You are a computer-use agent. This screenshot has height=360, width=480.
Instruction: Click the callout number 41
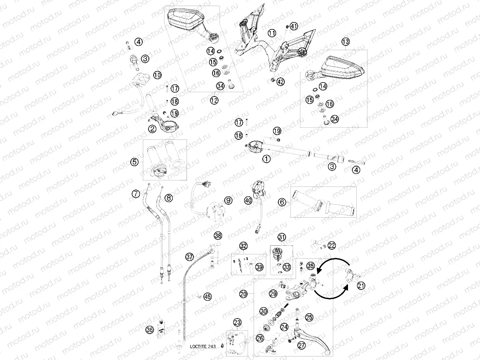[x=293, y=26]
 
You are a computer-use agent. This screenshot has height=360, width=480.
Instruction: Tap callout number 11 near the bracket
[x=272, y=33]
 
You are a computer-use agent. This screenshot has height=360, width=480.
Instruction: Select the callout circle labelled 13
[x=346, y=42]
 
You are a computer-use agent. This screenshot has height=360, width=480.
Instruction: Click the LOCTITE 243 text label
[x=203, y=347]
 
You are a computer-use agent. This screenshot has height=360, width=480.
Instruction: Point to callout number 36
[x=150, y=330]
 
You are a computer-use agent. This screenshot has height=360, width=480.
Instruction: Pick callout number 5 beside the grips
[x=134, y=162]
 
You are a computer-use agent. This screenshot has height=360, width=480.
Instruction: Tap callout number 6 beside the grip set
[x=282, y=202]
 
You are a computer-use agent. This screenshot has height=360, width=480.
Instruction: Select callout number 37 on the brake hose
[x=190, y=257]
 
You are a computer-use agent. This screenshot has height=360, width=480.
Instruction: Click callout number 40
[x=248, y=200]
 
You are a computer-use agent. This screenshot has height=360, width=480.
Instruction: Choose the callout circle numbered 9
[x=229, y=200]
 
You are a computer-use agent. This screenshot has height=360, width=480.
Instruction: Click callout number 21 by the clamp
[x=361, y=286]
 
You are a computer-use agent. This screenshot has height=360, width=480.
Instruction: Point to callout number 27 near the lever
[x=302, y=345]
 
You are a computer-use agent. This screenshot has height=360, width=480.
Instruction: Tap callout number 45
[x=208, y=297]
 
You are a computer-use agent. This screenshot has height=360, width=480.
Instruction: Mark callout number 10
[x=157, y=75]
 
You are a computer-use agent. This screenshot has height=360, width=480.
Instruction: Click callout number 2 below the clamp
[x=152, y=129]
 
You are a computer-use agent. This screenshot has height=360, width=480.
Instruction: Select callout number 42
[x=280, y=82]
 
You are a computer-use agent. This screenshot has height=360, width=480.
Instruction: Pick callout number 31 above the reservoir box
[x=282, y=237]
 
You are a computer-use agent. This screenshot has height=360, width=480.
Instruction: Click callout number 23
[x=237, y=322]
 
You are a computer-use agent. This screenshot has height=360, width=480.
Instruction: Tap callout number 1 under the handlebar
[x=267, y=159]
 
